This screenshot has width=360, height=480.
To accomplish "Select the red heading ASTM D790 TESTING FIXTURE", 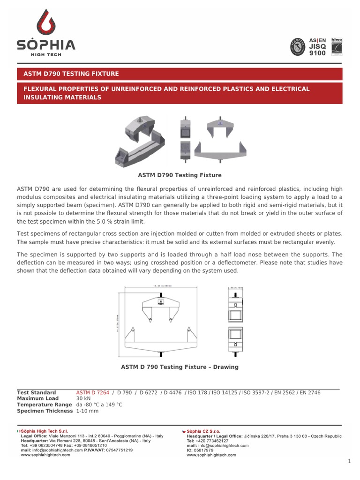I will (x=71, y=74).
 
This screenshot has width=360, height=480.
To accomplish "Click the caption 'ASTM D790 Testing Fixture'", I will (x=180, y=175).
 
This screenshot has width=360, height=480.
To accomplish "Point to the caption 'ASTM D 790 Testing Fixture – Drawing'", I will (x=180, y=367).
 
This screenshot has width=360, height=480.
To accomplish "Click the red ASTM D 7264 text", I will (x=93, y=392).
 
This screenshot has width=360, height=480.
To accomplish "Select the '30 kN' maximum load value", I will (x=83, y=398).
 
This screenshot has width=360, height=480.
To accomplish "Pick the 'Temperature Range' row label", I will (x=44, y=405).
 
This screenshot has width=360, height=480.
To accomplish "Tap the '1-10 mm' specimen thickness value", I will (x=87, y=411).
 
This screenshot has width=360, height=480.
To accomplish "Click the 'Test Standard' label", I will (x=37, y=392).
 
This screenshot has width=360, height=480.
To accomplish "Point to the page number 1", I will (x=349, y=461).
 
